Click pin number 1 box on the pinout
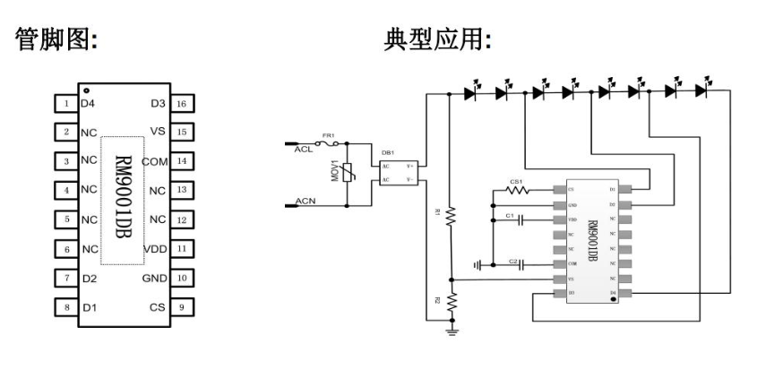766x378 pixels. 66,105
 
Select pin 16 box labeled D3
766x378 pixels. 182,105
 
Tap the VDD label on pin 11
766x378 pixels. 155,248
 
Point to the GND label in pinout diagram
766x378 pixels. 154,278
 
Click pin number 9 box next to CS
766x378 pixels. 182,307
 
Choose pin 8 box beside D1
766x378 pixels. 66,307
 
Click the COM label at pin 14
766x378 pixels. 155,162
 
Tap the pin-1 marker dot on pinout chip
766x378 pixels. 86,91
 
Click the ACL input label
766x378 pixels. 303,150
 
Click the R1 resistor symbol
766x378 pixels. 452,215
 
